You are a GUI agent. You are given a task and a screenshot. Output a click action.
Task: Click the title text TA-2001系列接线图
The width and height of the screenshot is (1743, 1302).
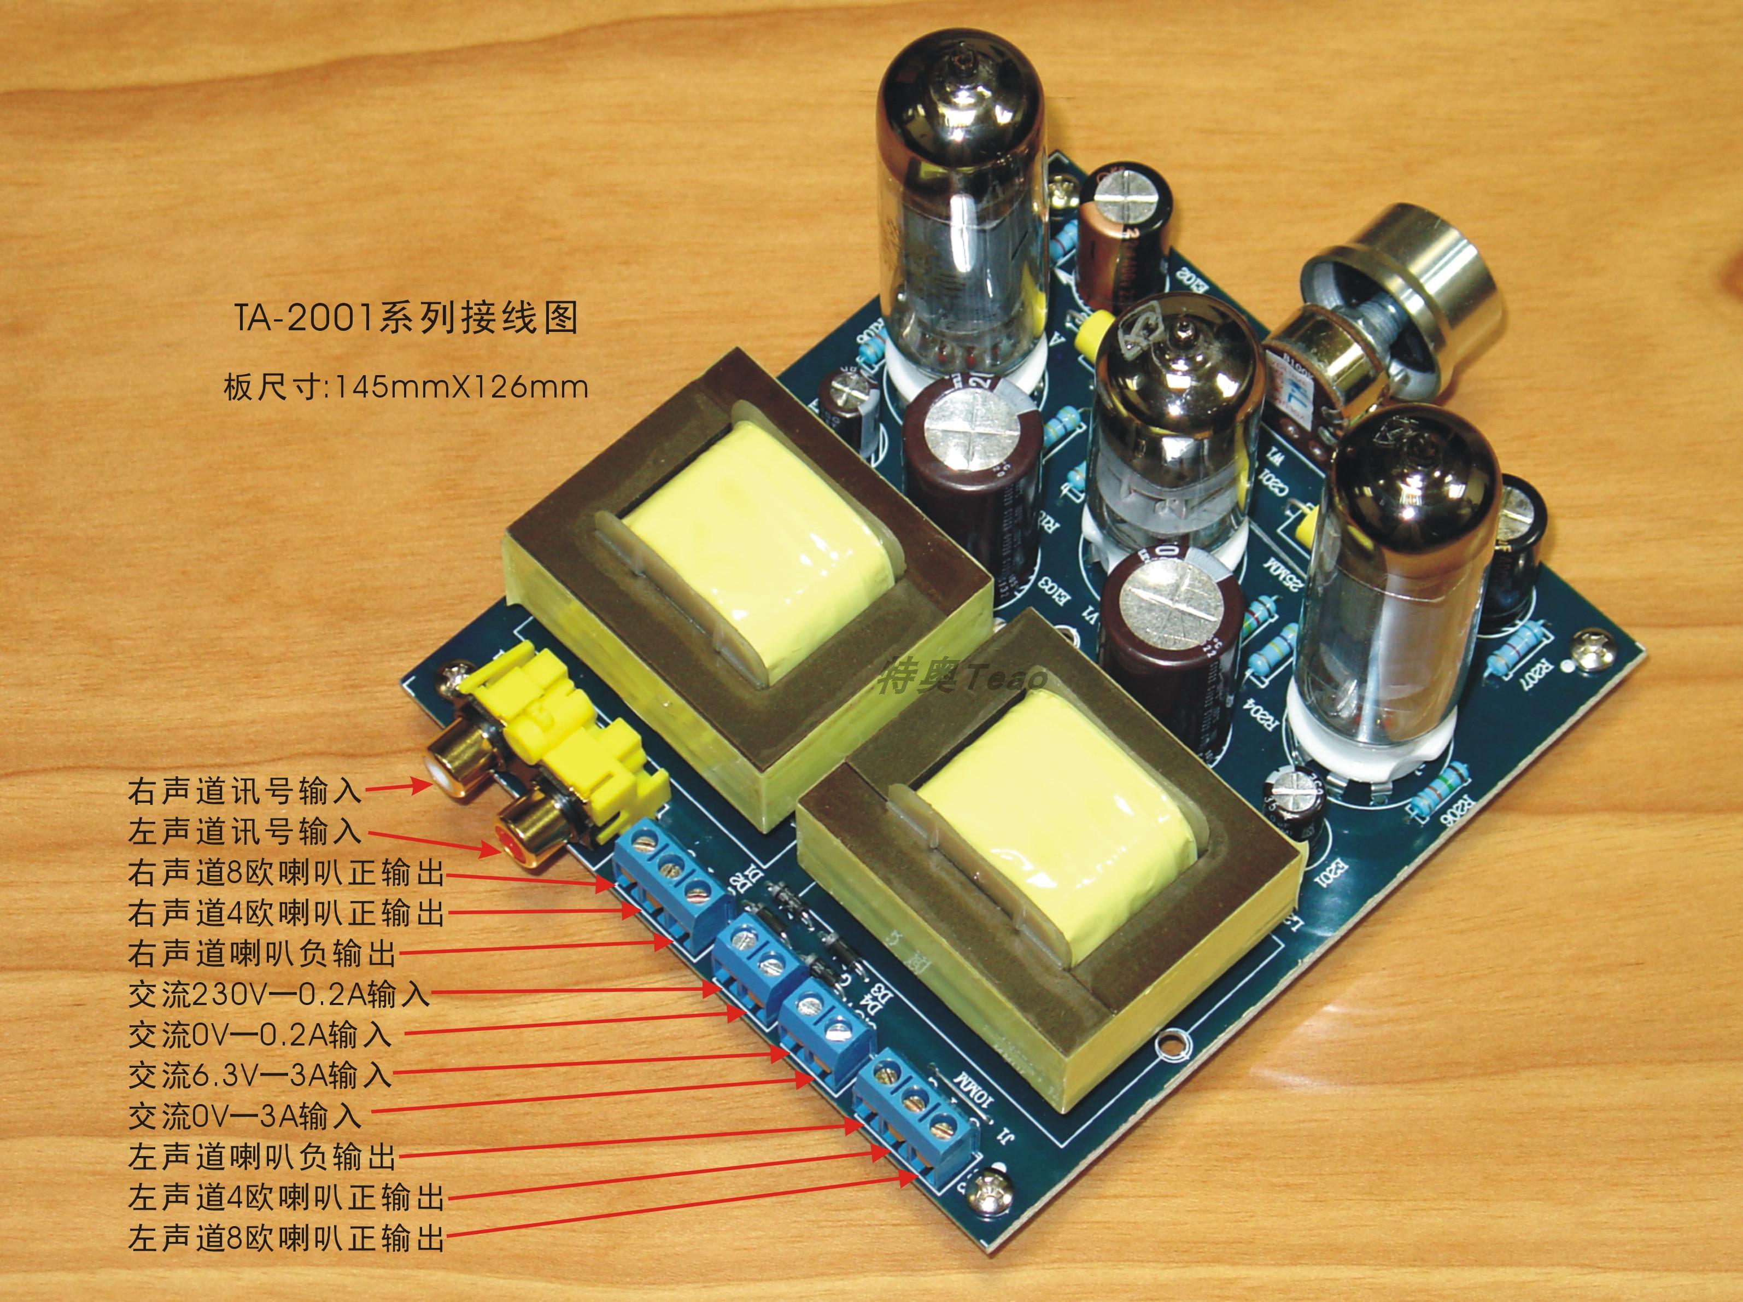point(405,318)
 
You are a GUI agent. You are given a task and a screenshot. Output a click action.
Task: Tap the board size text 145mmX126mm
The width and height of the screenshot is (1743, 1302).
point(461,387)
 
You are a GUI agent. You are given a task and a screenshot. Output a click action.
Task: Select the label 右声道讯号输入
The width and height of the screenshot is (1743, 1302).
point(245,791)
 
